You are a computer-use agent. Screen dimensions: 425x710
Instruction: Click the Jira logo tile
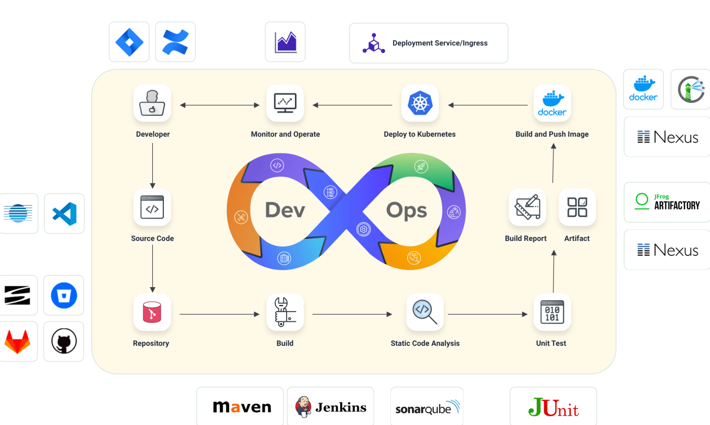pos(129,42)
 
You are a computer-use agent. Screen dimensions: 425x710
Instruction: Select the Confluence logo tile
pos(175,42)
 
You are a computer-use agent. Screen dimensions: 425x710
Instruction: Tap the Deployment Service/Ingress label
pos(440,43)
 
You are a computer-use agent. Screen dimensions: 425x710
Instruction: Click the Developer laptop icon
pos(152,103)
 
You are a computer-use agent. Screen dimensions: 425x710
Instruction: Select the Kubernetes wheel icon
pos(420,103)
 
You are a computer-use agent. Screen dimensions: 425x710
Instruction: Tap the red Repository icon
pos(152,312)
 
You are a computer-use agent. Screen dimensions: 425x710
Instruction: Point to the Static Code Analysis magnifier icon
pos(424,312)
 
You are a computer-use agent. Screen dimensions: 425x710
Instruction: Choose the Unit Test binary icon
pos(552,312)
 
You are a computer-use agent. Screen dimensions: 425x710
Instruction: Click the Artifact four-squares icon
pos(577,207)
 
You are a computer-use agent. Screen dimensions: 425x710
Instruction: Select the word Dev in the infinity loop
pos(285,210)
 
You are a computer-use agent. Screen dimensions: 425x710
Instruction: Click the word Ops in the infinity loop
pos(406,210)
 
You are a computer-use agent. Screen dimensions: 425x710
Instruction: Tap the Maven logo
pos(242,407)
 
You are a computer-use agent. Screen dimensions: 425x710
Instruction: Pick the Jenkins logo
pos(331,407)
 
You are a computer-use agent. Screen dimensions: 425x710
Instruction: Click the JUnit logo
pos(553,407)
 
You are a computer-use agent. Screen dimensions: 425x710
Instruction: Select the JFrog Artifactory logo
pos(668,202)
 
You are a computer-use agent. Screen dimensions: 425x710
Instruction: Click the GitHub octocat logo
pos(64,342)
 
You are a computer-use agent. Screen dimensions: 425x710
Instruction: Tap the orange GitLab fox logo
pos(18,342)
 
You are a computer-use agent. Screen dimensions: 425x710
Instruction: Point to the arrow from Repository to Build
pos(219,314)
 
